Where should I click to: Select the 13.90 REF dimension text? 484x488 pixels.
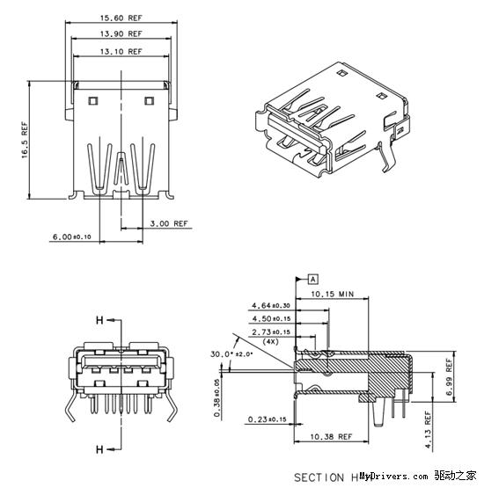pyautogui.click(x=122, y=34)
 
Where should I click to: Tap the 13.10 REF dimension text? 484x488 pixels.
pyautogui.click(x=122, y=52)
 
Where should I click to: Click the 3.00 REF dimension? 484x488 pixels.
pyautogui.click(x=169, y=223)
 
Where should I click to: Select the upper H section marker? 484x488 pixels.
pyautogui.click(x=99, y=318)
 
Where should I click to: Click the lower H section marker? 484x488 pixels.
pyautogui.click(x=99, y=449)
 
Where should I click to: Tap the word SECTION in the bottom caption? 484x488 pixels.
pyautogui.click(x=319, y=477)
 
